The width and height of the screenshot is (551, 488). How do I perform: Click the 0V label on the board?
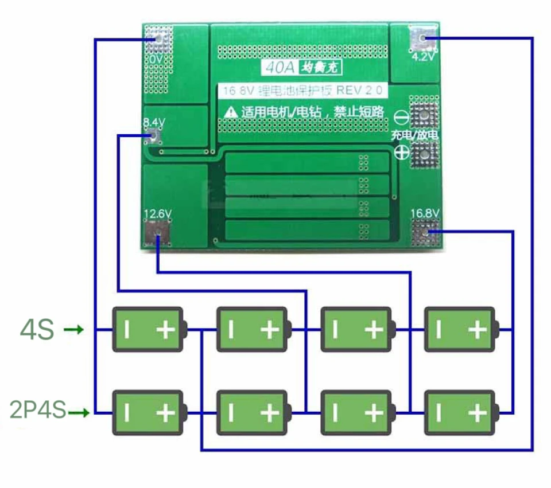click(x=157, y=59)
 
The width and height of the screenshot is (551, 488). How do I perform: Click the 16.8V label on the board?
click(x=425, y=214)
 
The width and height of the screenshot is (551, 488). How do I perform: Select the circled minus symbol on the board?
click(x=402, y=118)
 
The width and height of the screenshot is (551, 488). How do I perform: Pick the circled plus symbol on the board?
click(x=402, y=153)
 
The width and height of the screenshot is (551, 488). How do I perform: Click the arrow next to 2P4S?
click(x=79, y=412)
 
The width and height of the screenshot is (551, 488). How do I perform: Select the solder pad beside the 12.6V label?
click(x=157, y=233)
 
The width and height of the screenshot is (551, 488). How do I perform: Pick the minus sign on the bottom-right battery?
click(x=439, y=412)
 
